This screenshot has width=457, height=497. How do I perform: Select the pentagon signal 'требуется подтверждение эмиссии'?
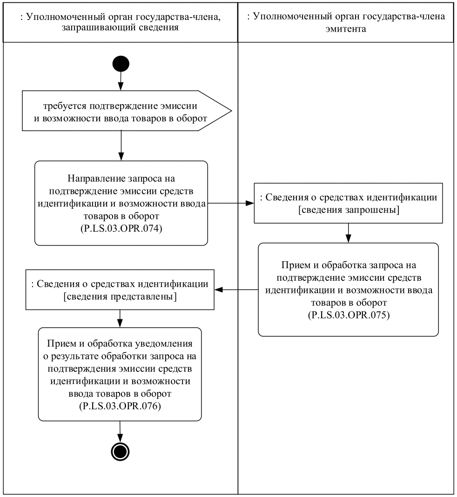coord(121,111)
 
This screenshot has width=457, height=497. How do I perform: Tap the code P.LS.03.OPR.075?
coord(349,315)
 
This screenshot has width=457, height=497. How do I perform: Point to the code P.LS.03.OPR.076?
coord(120,406)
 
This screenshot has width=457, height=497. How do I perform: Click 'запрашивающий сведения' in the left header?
coord(120,28)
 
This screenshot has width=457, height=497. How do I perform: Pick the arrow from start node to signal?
coord(121,82)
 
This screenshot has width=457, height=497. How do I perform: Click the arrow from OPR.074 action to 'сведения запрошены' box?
coord(230,203)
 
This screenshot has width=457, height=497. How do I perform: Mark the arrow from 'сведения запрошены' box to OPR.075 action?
coord(348,232)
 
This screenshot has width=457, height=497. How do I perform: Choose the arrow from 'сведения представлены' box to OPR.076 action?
coord(121,318)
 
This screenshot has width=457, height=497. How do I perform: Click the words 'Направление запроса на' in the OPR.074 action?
coord(121,179)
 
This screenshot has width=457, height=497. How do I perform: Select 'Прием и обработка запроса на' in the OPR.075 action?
coord(349,265)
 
